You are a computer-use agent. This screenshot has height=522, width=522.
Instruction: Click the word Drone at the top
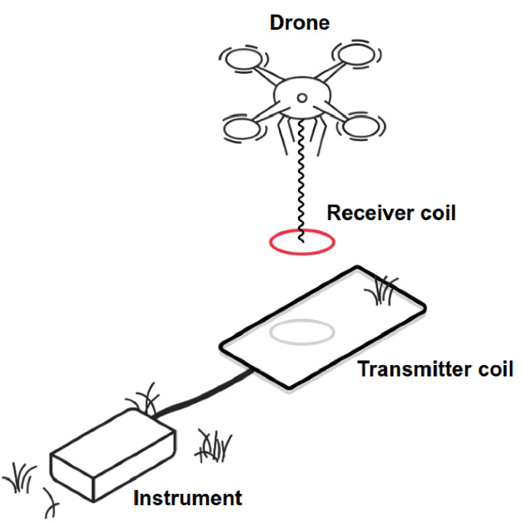pos(299,23)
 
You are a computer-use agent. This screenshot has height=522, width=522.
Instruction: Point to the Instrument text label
pos(187,499)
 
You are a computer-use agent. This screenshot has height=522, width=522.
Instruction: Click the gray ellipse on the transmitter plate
pos(302,332)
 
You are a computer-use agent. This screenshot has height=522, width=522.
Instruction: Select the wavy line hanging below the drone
pos(301,175)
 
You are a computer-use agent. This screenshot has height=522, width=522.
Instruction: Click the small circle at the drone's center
pos(301,98)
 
